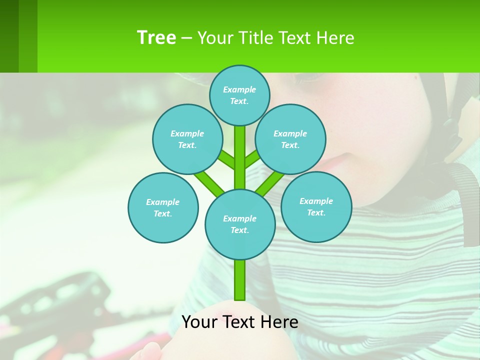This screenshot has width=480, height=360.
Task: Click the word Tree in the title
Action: click(x=156, y=38)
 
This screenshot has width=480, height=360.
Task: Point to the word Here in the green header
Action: click(x=335, y=38)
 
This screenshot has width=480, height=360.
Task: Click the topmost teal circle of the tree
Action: click(x=239, y=95)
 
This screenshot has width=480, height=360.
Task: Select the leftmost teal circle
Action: click(x=163, y=207)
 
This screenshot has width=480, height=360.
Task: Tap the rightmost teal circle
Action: click(x=316, y=206)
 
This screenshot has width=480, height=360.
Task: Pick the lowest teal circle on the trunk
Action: click(x=240, y=224)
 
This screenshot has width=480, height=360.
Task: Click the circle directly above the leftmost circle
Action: click(x=187, y=139)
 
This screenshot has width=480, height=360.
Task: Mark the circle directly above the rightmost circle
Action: click(x=290, y=139)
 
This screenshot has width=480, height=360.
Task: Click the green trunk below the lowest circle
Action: click(x=240, y=280)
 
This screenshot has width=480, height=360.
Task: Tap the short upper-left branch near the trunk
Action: click(x=226, y=160)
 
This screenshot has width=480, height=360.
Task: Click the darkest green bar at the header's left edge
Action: click(x=9, y=36)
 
